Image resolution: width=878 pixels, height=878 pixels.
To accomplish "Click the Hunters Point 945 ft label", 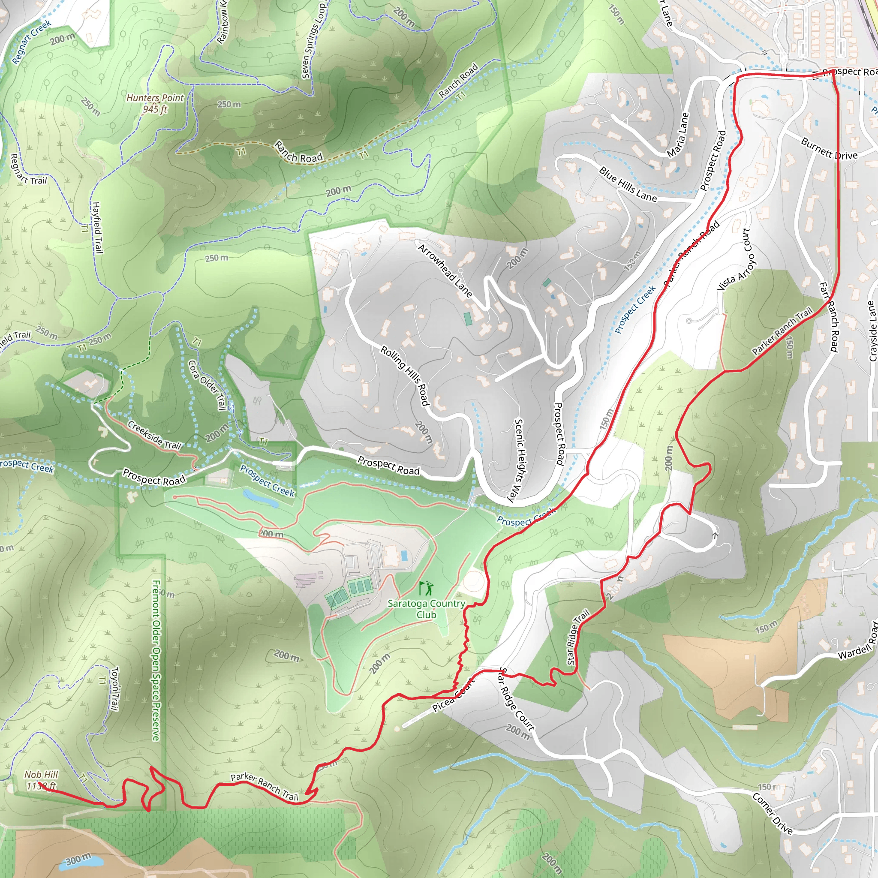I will [155, 103].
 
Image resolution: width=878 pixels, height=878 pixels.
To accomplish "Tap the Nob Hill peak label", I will [41, 780].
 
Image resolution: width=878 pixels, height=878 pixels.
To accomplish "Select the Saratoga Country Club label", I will [426, 609].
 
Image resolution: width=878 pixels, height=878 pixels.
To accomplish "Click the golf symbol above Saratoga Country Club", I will [426, 588].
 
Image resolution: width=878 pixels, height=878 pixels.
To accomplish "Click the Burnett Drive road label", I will [829, 149].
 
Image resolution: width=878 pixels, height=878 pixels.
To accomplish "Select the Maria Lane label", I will [678, 135].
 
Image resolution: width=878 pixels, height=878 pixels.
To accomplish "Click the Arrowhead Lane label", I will [445, 271].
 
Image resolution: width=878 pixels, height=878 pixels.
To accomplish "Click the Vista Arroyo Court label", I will [736, 259].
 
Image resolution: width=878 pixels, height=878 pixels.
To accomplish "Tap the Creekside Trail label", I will [154, 435].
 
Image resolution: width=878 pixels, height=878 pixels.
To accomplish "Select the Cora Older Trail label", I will [207, 385].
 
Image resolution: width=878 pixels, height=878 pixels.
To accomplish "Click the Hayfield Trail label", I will [97, 228].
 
